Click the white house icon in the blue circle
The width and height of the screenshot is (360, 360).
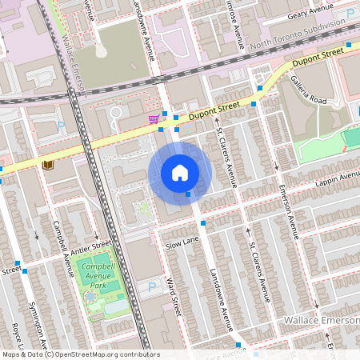(x=180, y=172)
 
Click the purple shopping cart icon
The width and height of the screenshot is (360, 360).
(x=153, y=118)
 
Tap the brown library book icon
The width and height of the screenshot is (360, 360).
(x=47, y=165)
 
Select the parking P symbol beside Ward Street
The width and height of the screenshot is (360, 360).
(x=152, y=286)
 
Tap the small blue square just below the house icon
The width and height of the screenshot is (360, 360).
(x=187, y=194)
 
